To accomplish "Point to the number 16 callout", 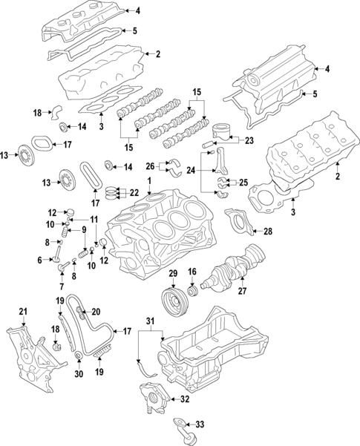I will (x=192, y=272).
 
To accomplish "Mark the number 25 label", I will (x=241, y=182).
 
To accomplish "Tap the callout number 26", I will (x=151, y=165).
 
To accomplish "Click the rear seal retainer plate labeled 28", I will (x=241, y=223).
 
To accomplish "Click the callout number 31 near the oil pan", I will (x=151, y=320).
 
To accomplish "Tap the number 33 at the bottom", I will (x=199, y=424).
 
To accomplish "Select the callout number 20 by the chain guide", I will (x=96, y=312).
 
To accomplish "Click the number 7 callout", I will (x=61, y=286).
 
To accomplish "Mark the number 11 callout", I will (x=94, y=220).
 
